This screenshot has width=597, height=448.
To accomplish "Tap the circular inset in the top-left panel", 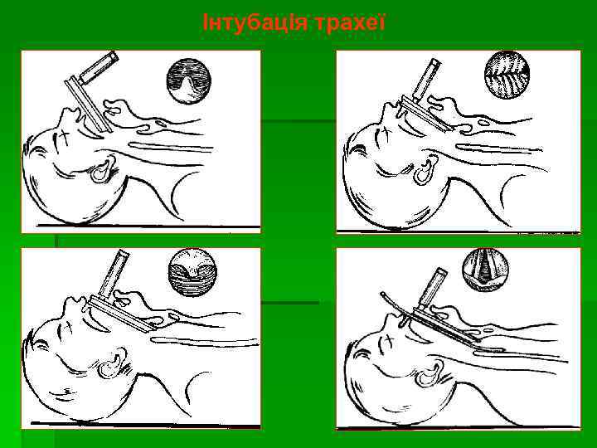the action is [x=189, y=81].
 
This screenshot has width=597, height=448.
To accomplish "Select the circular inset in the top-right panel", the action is [x=507, y=75].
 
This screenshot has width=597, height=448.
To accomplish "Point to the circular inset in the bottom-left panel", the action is [x=192, y=272].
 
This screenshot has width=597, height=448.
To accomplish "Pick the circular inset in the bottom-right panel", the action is [x=485, y=270].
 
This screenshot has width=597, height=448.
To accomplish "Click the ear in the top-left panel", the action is [x=102, y=170].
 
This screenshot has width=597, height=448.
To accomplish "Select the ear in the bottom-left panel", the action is [x=112, y=365].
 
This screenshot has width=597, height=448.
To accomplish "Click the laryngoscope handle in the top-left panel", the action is [x=98, y=68].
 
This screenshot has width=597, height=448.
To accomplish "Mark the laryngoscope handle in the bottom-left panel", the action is [x=114, y=274].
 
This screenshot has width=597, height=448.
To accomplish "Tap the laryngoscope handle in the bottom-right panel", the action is [x=432, y=289].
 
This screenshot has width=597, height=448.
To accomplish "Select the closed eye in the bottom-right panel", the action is [x=388, y=340].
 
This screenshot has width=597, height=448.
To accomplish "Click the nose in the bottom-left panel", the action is [x=70, y=304].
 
